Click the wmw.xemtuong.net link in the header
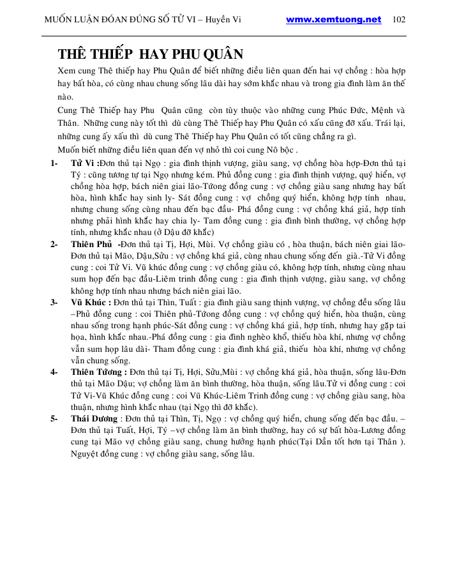[333, 19]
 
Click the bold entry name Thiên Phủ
[91, 245]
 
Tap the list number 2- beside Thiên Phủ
[55, 245]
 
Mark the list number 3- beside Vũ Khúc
[55, 303]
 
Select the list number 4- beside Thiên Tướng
[55, 372]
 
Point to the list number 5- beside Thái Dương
[55, 419]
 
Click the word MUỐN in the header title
[59, 19]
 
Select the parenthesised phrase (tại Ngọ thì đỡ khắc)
[212, 407]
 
